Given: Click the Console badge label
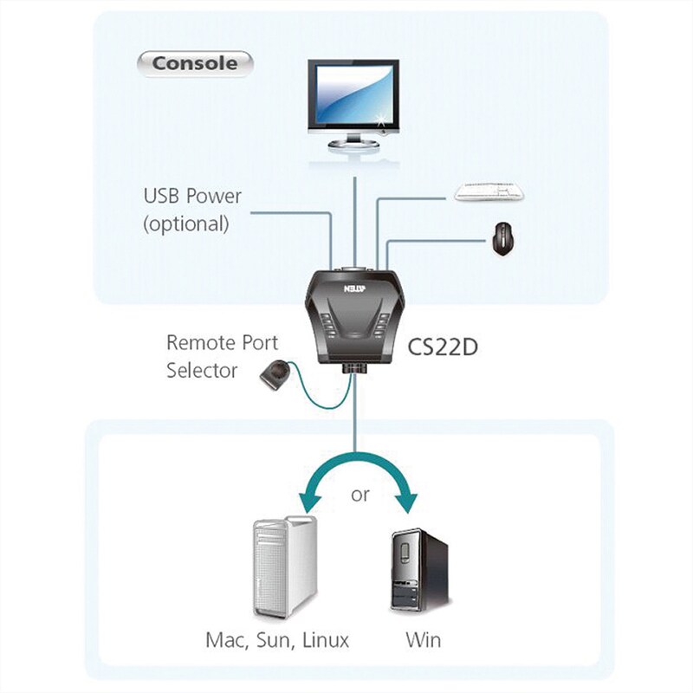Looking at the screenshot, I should (194, 62).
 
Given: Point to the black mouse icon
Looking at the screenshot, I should (502, 238).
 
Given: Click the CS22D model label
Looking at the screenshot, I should (443, 346).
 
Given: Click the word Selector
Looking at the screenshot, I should (202, 371).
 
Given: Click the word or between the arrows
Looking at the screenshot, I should (360, 495).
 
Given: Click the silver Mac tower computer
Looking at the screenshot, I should (284, 567).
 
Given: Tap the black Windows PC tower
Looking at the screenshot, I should (419, 573).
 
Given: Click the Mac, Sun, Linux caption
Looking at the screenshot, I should (277, 641).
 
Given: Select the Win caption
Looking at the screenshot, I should (423, 641).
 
